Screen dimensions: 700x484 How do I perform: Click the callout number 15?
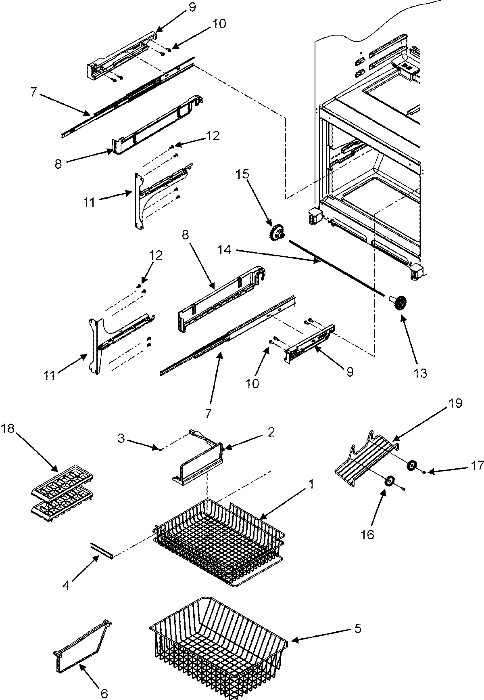coord(254,174)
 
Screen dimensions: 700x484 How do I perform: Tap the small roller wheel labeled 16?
coord(389,481)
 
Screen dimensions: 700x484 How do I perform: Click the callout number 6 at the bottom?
coord(104,693)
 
